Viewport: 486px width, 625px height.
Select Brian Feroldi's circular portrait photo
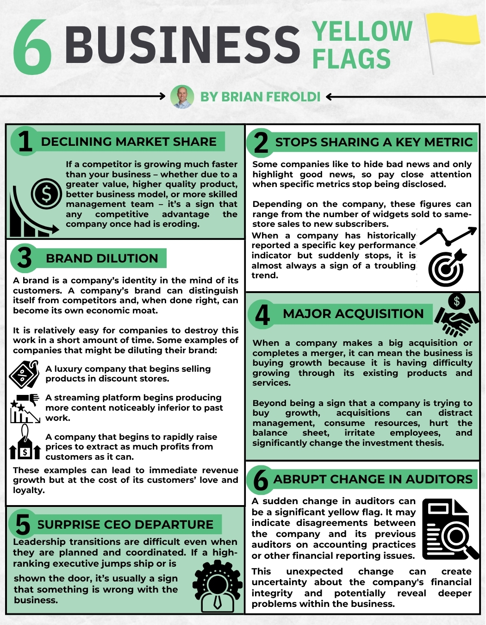182,97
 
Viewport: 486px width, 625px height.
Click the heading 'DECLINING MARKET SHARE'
129,142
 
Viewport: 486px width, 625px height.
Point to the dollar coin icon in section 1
46,194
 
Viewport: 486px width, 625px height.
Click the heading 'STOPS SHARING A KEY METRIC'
374,142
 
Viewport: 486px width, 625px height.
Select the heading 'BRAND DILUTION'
102,258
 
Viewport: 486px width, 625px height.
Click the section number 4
262,315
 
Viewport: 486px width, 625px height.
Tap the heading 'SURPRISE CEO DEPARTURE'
125,525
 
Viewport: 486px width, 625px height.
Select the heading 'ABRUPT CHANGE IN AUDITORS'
373,479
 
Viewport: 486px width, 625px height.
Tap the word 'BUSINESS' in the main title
182,45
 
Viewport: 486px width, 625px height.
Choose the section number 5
23,525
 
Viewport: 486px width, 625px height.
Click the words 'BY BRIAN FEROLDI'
260,97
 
